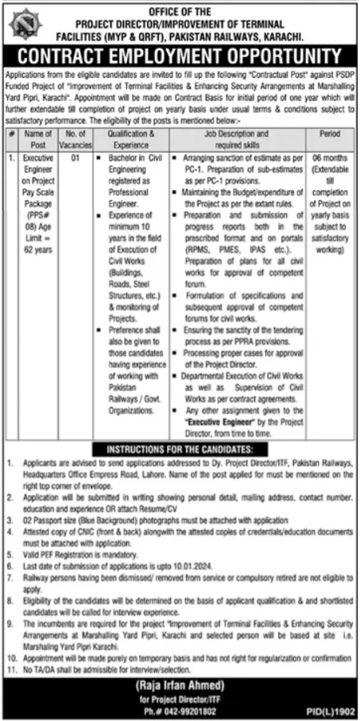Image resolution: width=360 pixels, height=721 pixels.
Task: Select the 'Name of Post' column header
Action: pyautogui.click(x=38, y=138)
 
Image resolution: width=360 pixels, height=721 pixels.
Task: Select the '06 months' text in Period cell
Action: pyautogui.click(x=328, y=159)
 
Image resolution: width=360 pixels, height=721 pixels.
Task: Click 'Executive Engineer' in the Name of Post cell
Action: pyautogui.click(x=38, y=165)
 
